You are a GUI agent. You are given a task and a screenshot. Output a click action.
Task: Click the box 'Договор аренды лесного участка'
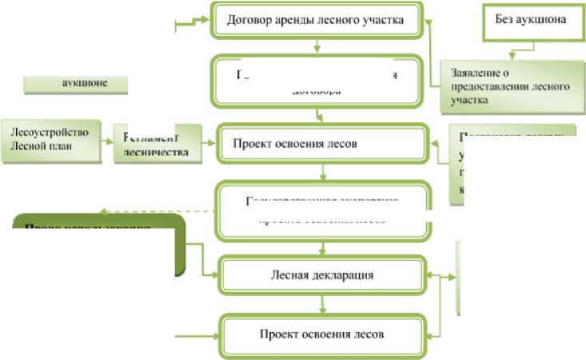[315, 21]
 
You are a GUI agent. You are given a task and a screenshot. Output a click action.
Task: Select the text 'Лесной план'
[37, 146]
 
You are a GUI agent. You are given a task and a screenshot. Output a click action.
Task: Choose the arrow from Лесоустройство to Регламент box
[105, 143]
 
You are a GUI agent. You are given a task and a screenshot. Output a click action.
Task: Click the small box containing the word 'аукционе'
[77, 82]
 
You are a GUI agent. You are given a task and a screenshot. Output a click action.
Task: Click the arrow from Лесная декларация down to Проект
[321, 304]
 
